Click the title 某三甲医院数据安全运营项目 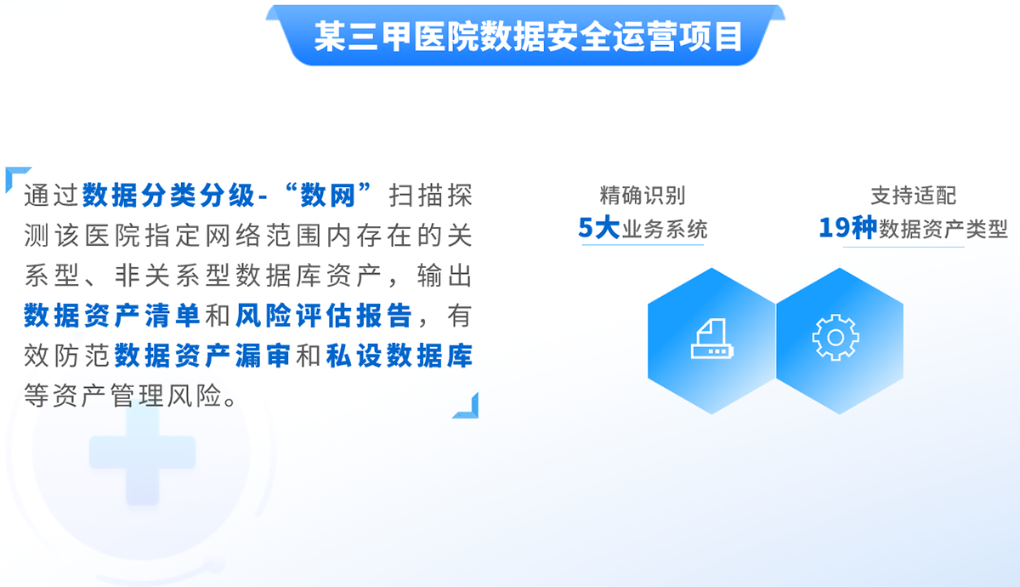tap(528, 37)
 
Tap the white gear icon tap(835, 337)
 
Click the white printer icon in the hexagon tap(712, 339)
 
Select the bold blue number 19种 tap(847, 227)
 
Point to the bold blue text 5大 tap(598, 227)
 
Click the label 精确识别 tap(643, 196)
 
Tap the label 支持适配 tap(914, 196)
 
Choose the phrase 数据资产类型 tap(943, 229)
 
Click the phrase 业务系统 tap(665, 229)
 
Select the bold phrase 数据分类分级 tap(168, 196)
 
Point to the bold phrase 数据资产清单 tap(111, 316)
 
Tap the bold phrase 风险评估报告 tap(324, 316)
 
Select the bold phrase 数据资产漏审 tap(202, 356)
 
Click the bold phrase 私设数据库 tap(399, 356)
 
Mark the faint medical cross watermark tap(143, 454)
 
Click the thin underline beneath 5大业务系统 tap(643, 245)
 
